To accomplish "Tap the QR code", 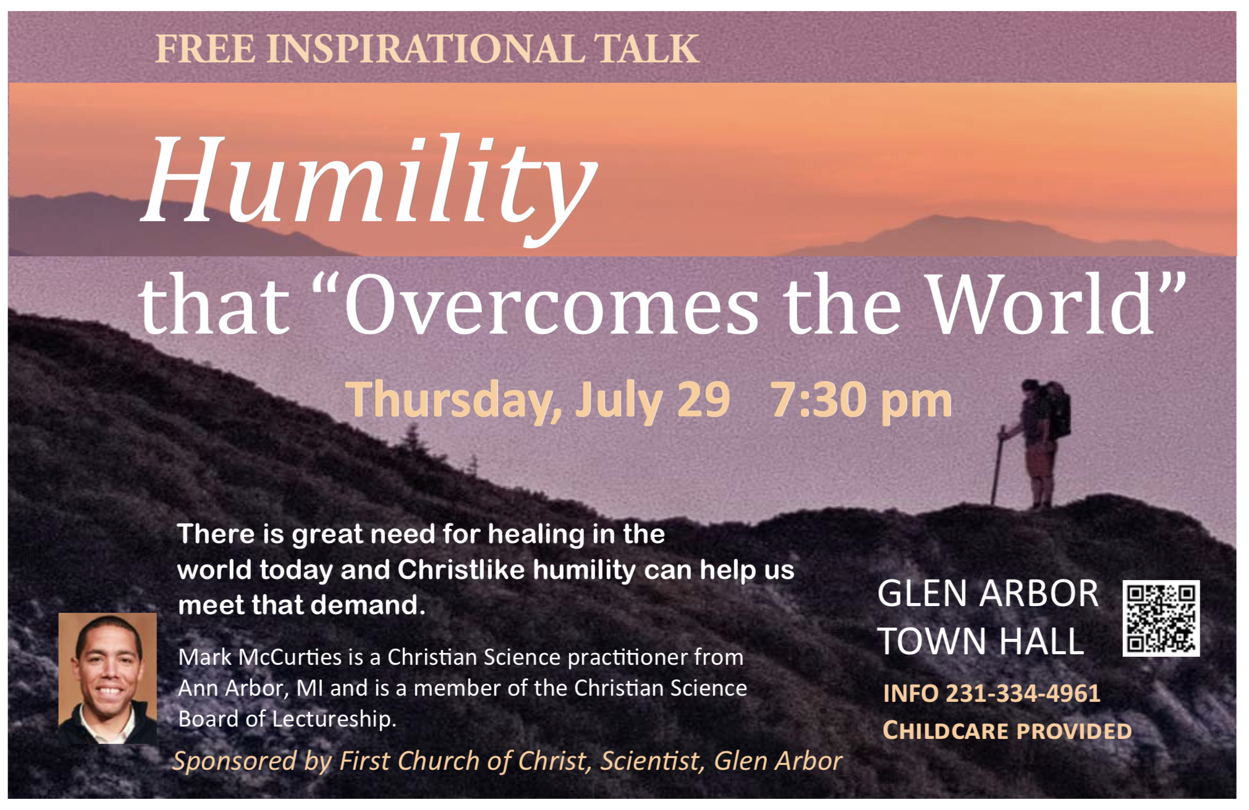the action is point(1161,618).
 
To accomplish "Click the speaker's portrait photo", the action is point(108,678).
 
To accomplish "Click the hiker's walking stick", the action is point(997,465).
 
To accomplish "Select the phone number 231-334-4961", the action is point(1023,693).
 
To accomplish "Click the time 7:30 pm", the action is point(861,400).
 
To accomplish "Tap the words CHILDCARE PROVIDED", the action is point(1007,730).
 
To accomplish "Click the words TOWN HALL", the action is point(981,641).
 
